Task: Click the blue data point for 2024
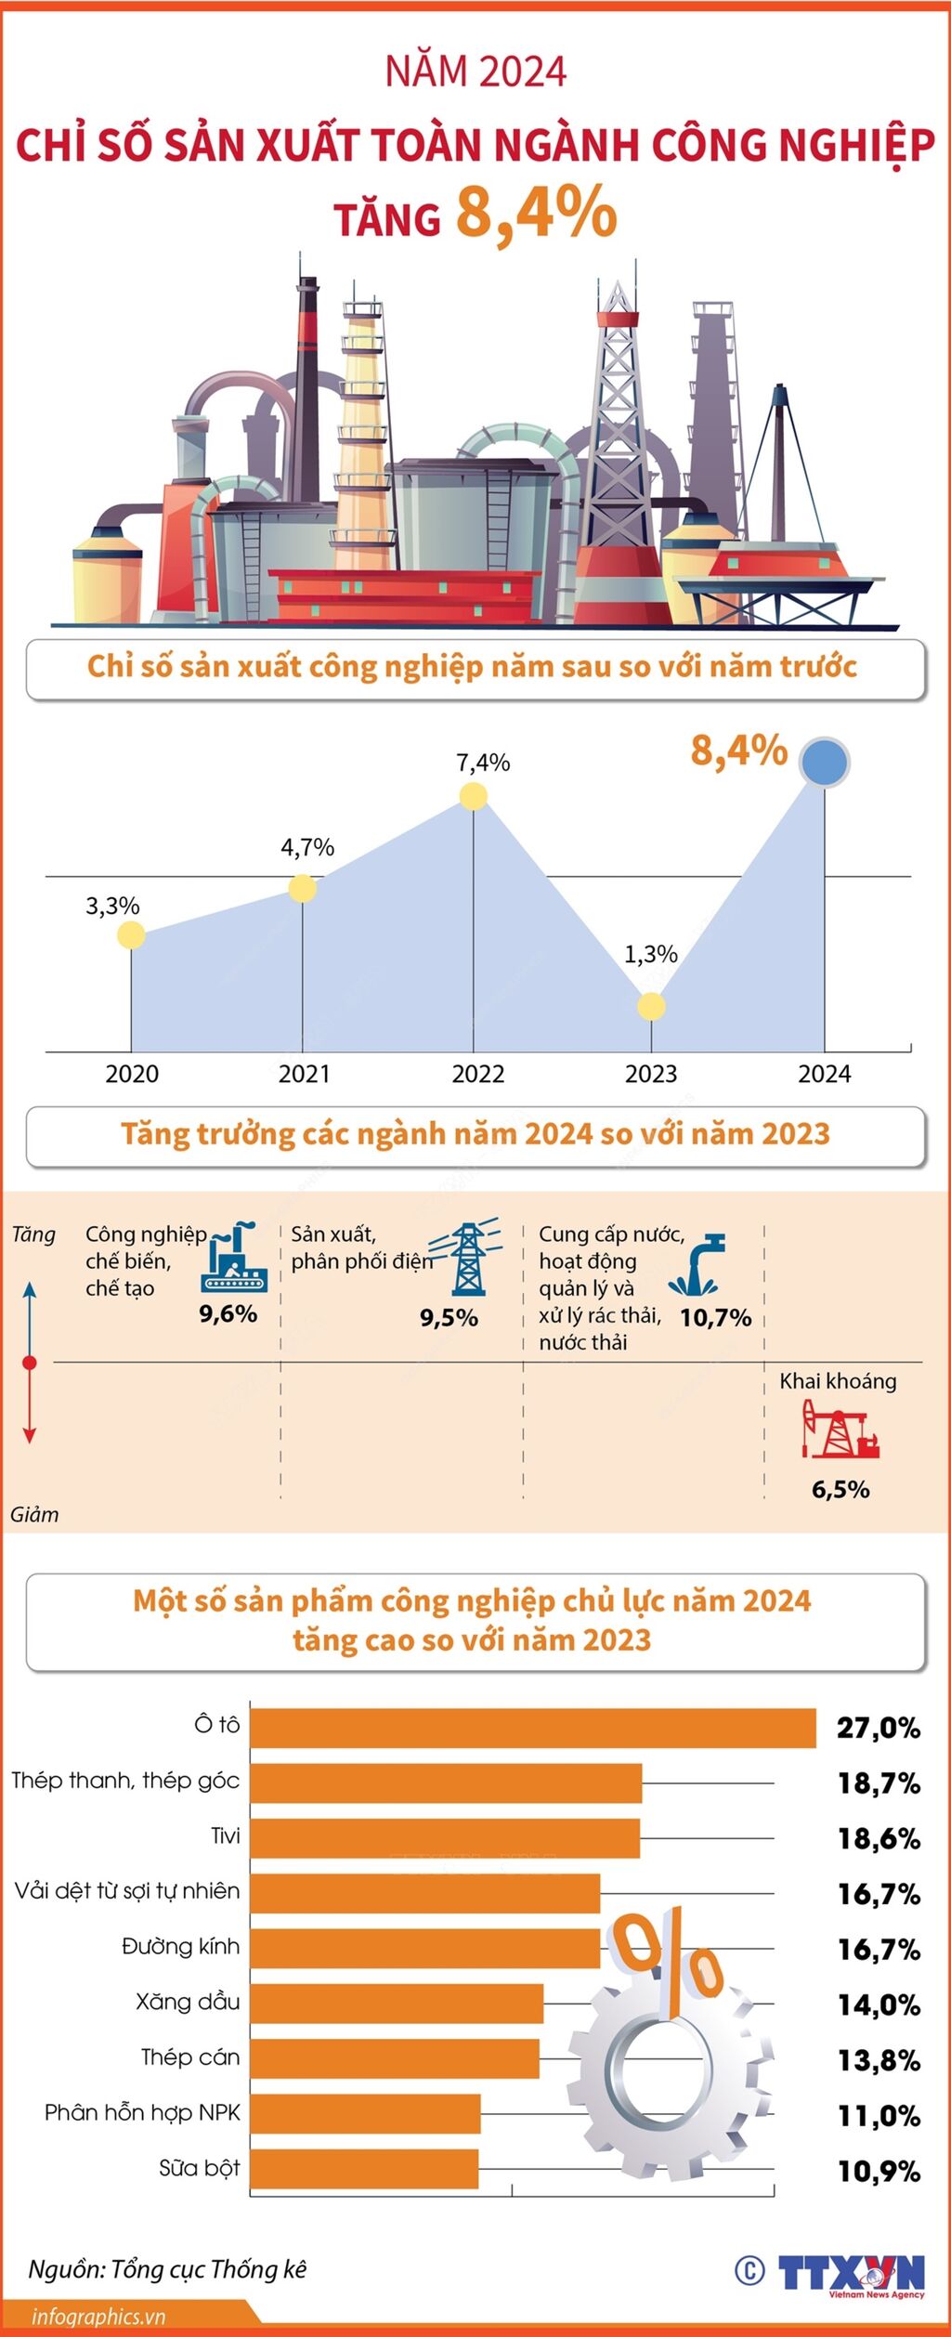(825, 762)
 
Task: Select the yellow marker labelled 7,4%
(474, 796)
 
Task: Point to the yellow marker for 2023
(651, 1006)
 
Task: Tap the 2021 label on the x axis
(305, 1074)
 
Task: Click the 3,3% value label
(112, 906)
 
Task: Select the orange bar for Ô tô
(532, 1728)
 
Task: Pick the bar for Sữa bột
(364, 2169)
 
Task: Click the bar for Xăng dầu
(397, 2004)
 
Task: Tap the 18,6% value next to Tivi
(879, 1838)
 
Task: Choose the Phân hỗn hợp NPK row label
(142, 2113)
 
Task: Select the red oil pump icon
(840, 1430)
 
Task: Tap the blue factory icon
(234, 1259)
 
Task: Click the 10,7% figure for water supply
(715, 1317)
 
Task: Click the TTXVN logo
(850, 2272)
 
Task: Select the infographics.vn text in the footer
(98, 2317)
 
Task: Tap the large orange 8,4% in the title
(536, 213)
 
